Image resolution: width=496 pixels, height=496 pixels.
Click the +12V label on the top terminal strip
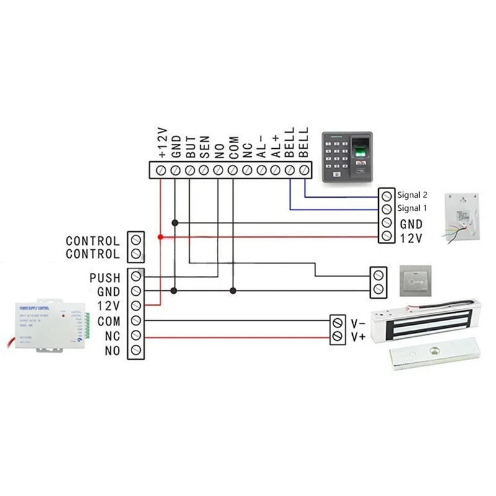tap(162, 143)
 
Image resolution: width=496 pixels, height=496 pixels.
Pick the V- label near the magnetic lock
tap(358, 323)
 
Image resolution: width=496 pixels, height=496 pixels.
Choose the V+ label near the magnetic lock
tap(358, 337)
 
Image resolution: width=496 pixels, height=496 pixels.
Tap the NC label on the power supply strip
tap(112, 337)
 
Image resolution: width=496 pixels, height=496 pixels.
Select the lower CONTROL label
tap(92, 254)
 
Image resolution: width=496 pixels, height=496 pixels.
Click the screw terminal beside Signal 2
tap(386, 195)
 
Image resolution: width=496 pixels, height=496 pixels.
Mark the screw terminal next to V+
tap(338, 337)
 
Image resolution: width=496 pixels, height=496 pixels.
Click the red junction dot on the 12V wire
tap(161, 237)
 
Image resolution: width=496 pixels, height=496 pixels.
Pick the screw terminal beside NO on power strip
tap(136, 352)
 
